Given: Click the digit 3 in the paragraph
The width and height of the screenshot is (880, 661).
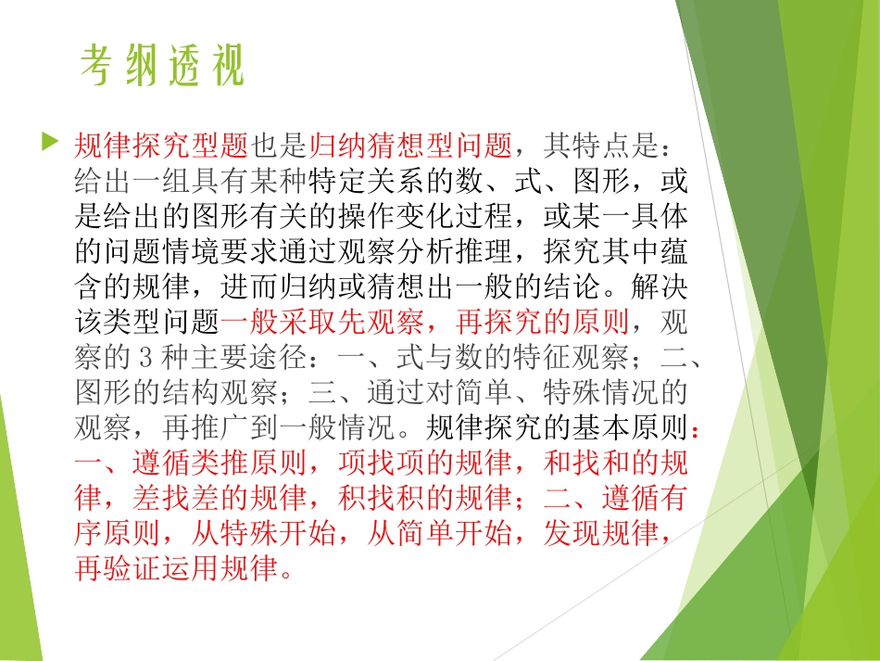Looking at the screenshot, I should [x=131, y=358].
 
